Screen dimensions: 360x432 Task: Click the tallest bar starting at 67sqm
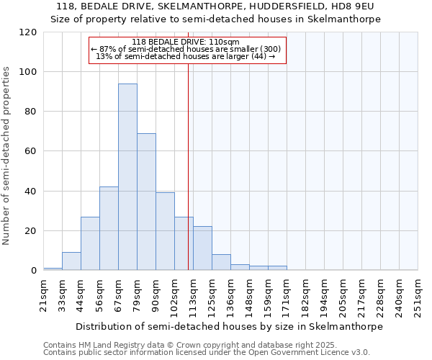(127, 177)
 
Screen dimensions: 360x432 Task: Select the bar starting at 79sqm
(146, 202)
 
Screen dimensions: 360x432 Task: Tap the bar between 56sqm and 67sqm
(109, 228)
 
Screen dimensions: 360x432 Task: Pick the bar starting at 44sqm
(90, 243)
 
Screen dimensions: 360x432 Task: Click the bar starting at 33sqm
(71, 261)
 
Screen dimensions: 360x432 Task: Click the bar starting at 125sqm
(221, 263)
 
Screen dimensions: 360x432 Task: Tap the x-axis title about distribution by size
(229, 326)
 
